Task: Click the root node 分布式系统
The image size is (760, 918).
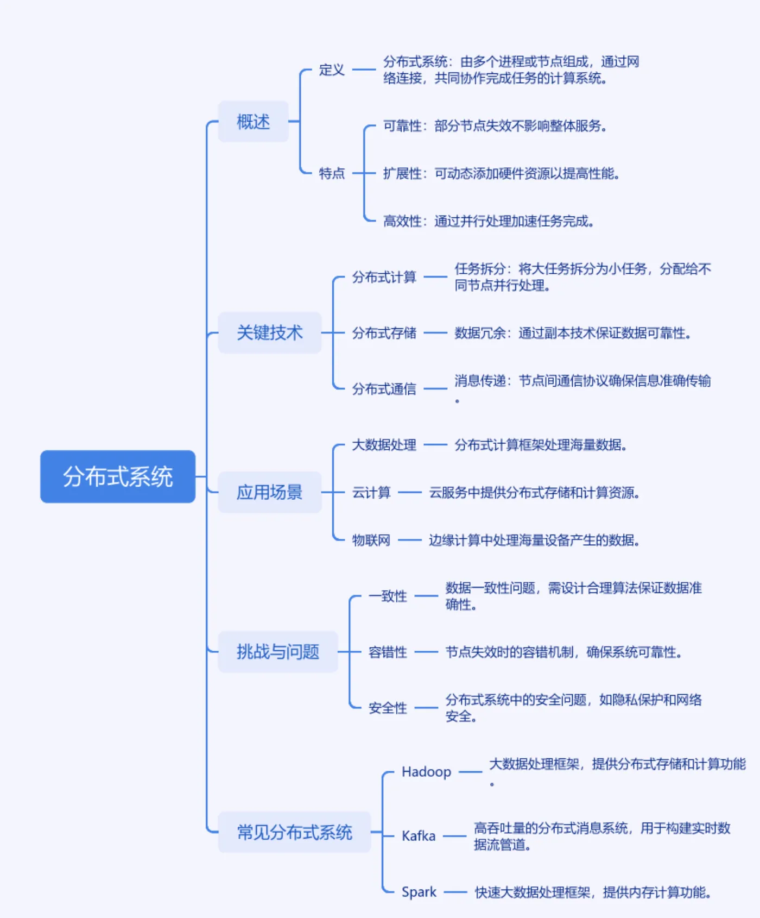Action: coord(118,476)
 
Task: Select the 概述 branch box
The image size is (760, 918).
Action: coord(253,122)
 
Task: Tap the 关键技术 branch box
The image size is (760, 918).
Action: coord(269,332)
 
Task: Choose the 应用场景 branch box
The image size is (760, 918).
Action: coord(269,492)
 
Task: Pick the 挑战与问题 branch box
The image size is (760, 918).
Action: coord(277,652)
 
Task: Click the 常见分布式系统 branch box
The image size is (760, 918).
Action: coord(294,832)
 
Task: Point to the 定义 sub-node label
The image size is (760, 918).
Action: coord(332,70)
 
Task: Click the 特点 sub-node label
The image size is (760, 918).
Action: coord(332,173)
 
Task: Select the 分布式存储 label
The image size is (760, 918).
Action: coord(384,332)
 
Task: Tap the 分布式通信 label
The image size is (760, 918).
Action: coord(384,389)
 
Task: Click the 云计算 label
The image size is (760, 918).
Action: coord(371,493)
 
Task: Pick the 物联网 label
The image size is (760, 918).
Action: coord(371,540)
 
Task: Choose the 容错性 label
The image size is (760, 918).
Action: coord(388,652)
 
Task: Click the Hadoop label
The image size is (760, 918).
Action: coord(426,772)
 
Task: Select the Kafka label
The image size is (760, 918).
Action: coord(419,836)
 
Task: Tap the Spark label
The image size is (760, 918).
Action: coord(419,892)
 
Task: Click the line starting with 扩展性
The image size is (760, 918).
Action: coord(501,173)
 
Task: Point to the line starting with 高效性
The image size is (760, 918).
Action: coord(488,221)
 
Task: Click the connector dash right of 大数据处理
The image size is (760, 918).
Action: coord(435,445)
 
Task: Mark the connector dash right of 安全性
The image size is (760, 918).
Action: coord(426,708)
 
